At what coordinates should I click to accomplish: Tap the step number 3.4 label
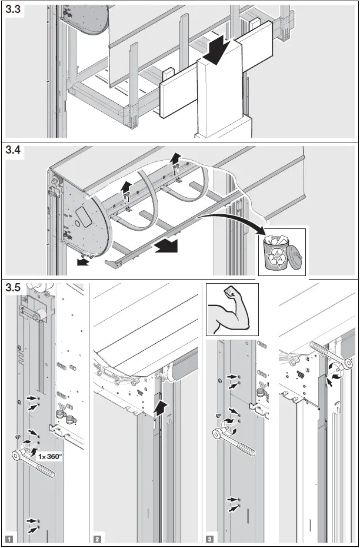pyautogui.click(x=15, y=151)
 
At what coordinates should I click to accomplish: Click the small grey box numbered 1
pyautogui.click(x=8, y=538)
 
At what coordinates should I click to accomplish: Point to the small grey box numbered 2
pyautogui.click(x=97, y=538)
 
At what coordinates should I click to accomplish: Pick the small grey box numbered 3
pyautogui.click(x=210, y=538)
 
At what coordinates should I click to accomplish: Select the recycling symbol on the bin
pyautogui.click(x=275, y=257)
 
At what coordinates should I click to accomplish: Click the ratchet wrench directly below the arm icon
pyautogui.click(x=238, y=434)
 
